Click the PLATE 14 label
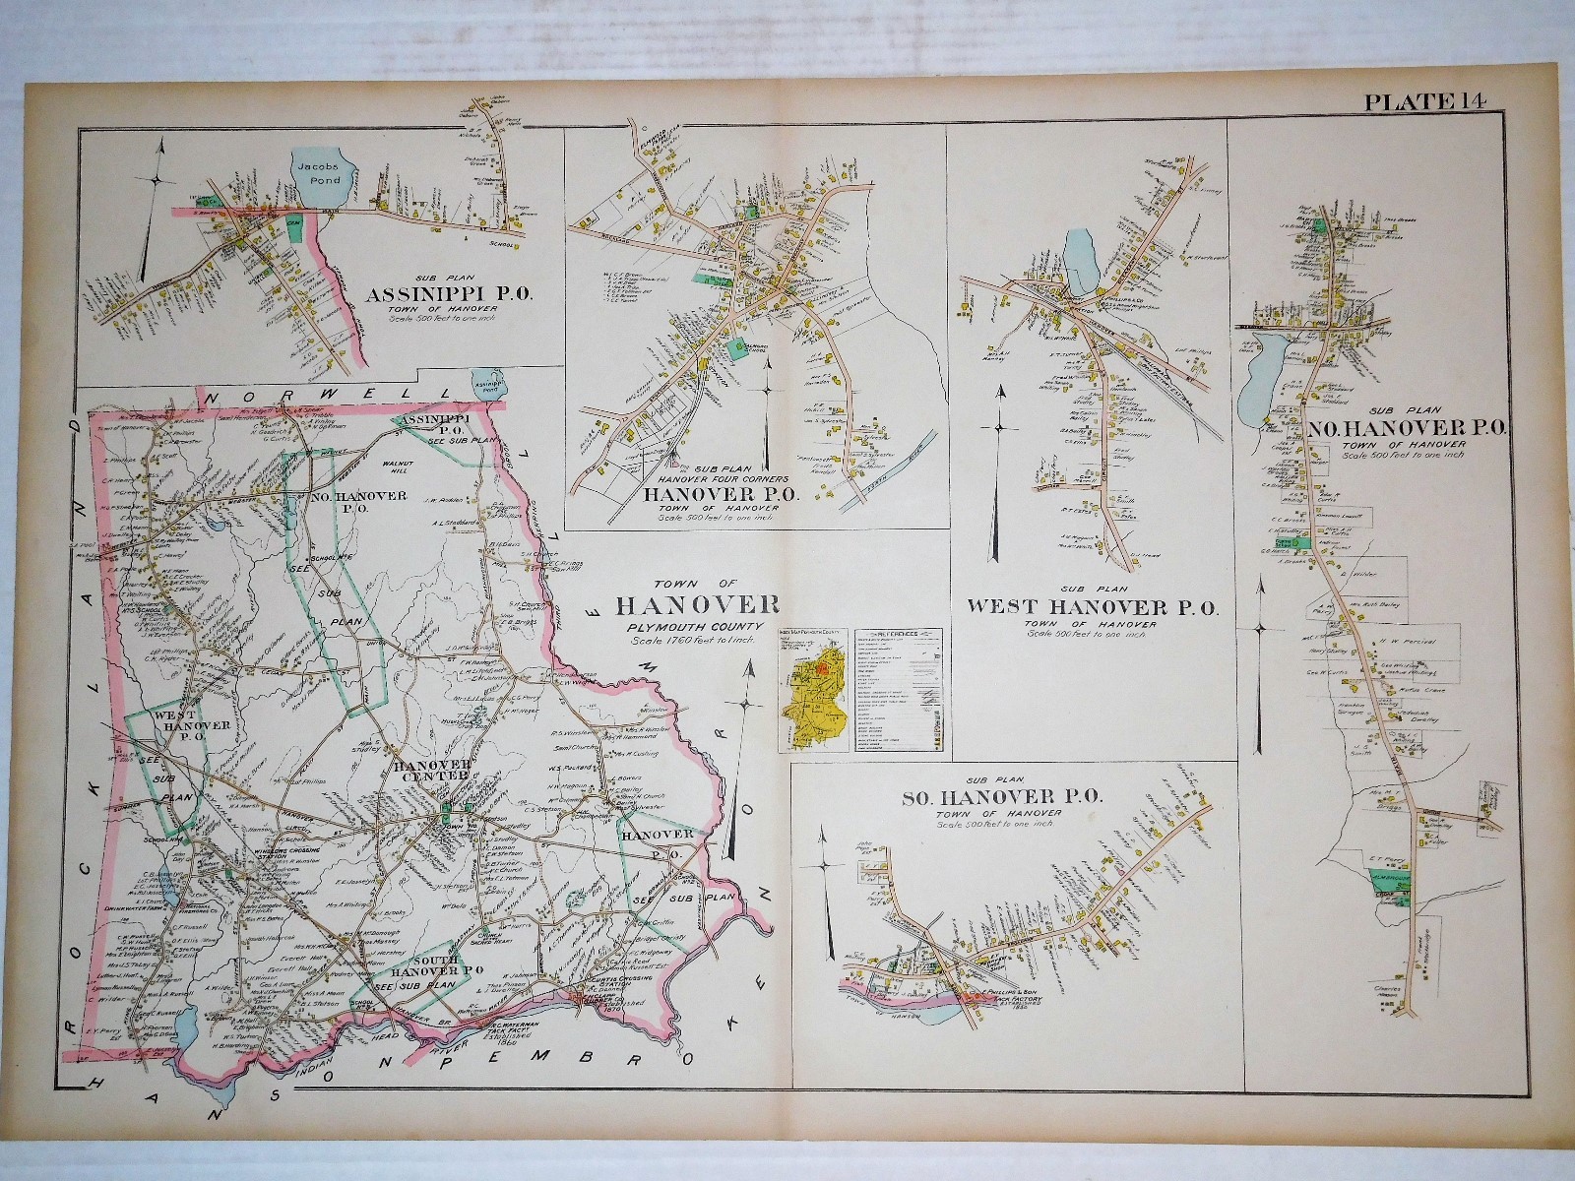point(1425,99)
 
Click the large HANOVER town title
point(697,605)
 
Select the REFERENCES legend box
point(904,684)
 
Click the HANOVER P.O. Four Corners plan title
point(721,493)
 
